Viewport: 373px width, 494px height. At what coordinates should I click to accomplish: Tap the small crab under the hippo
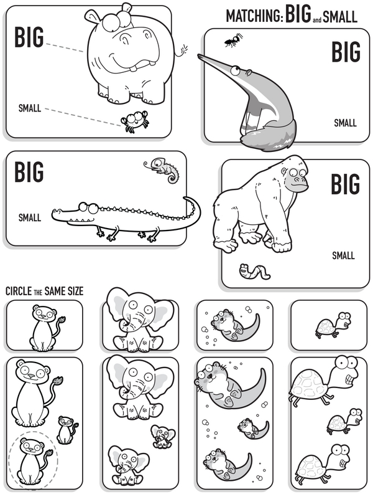(135, 121)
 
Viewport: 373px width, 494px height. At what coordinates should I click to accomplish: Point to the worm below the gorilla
(254, 272)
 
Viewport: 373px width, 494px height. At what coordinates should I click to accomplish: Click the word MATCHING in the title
(255, 16)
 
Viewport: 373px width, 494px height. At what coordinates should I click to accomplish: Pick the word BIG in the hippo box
(29, 37)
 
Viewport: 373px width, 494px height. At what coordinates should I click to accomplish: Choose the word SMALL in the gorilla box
(343, 255)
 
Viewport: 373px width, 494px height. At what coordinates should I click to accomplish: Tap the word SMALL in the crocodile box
(30, 217)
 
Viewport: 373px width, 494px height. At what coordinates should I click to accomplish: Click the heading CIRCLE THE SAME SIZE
(44, 291)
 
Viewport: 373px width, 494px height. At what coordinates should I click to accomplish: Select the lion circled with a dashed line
(32, 460)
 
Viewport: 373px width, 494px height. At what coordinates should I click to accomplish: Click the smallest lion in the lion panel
(67, 430)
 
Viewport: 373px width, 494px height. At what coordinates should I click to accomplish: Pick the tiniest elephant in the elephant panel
(163, 436)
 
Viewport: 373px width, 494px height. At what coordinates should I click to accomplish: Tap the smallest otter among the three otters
(252, 429)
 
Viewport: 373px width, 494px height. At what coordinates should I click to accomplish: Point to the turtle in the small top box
(333, 325)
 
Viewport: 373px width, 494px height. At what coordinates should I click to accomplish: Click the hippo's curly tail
(182, 50)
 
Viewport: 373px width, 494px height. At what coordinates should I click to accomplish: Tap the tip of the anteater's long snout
(199, 55)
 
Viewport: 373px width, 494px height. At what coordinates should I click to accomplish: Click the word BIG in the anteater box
(346, 51)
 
